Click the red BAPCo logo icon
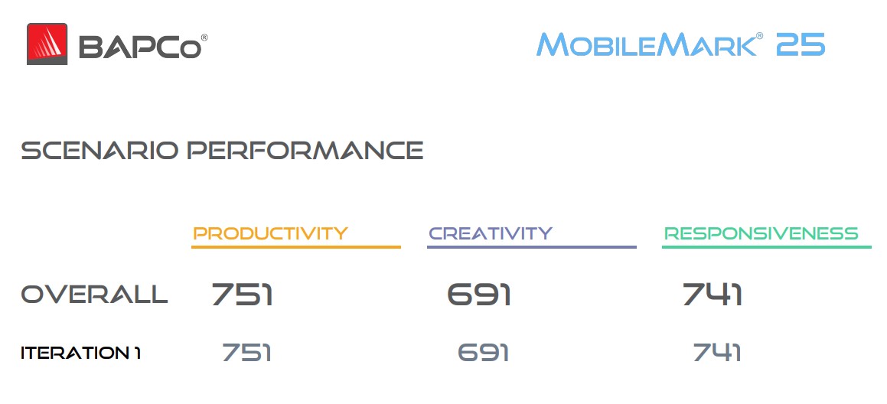pyautogui.click(x=47, y=44)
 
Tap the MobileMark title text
pyautogui.click(x=646, y=44)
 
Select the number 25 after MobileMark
pyautogui.click(x=801, y=44)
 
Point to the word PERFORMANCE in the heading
pyautogui.click(x=305, y=151)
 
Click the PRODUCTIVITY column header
pyautogui.click(x=270, y=233)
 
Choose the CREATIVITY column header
pyautogui.click(x=491, y=233)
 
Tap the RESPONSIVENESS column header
pyautogui.click(x=761, y=233)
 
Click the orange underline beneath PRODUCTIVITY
pyautogui.click(x=296, y=246)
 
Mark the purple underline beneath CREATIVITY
pyautogui.click(x=532, y=246)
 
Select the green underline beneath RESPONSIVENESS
pyautogui.click(x=767, y=246)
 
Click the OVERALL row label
pyautogui.click(x=94, y=295)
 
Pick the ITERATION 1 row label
pyautogui.click(x=80, y=353)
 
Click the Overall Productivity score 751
pyautogui.click(x=242, y=295)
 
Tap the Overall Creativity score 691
pyautogui.click(x=479, y=295)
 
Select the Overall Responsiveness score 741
pyautogui.click(x=713, y=295)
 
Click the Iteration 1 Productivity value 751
pyautogui.click(x=246, y=353)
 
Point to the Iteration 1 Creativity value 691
pyautogui.click(x=483, y=353)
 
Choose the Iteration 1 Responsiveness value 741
pyautogui.click(x=717, y=353)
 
